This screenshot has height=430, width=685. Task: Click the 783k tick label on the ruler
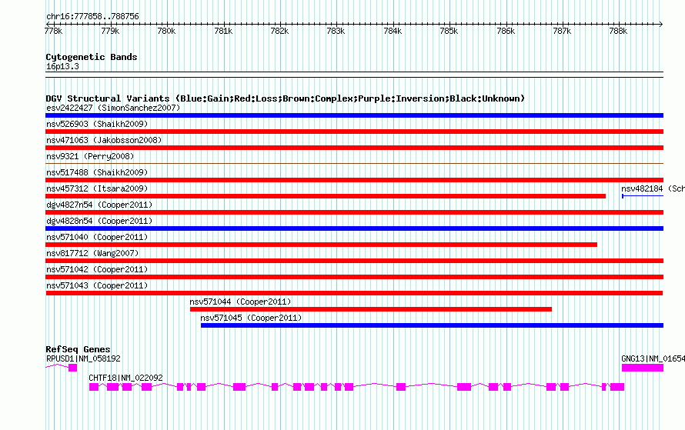coord(335,31)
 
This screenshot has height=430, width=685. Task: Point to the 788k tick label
coord(617,31)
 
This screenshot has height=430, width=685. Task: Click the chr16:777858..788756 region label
coord(92,16)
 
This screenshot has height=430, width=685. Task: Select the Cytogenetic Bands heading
coord(91,57)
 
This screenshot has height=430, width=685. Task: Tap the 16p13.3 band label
coord(62,67)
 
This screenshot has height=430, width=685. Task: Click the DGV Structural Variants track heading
coord(285,98)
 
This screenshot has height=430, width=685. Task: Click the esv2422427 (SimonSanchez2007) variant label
coord(112,108)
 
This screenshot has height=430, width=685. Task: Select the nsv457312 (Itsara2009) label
coord(97,188)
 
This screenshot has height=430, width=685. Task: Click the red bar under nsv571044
coord(370,309)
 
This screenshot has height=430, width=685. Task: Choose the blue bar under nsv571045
coord(431,325)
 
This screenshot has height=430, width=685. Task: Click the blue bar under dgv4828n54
coord(354,228)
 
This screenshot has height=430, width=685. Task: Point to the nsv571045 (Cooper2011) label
coord(251,318)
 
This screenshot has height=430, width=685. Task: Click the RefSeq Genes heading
coord(78,349)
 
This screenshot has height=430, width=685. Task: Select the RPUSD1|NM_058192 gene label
coord(83,358)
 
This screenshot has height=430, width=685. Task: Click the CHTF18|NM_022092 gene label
coord(125,378)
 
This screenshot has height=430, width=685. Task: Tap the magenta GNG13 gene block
coord(642,368)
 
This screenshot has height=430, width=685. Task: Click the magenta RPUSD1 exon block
coord(72,368)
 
